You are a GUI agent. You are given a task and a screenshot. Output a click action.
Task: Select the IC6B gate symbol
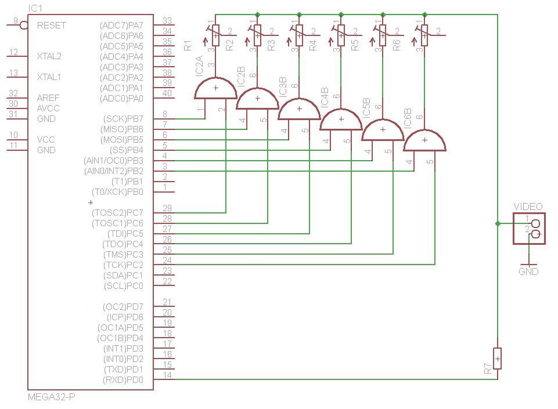[x=424, y=141]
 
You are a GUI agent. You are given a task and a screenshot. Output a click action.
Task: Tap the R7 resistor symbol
[x=497, y=359]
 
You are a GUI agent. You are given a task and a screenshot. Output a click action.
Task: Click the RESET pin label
[x=51, y=26]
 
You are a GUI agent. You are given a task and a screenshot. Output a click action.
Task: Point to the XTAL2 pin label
[x=49, y=56]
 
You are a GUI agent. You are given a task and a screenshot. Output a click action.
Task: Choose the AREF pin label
[x=48, y=98]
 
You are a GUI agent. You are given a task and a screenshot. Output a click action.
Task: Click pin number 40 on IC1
[x=167, y=93]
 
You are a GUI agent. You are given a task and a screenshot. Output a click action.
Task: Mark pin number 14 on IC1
[x=167, y=375]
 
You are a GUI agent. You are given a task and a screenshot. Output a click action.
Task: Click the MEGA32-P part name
[x=52, y=397]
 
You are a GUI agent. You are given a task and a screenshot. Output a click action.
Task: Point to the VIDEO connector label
[x=528, y=207]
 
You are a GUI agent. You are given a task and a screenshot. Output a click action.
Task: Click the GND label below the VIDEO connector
[x=528, y=272]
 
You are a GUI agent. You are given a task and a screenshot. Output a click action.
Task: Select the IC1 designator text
[x=35, y=8]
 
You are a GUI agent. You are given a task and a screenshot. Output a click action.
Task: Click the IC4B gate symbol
[x=341, y=120]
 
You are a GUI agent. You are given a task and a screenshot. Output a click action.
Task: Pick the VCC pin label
[x=46, y=140]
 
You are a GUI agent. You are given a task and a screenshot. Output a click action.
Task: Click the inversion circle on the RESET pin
[x=24, y=25]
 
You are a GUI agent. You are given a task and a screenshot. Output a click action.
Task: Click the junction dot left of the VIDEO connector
[x=497, y=223]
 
